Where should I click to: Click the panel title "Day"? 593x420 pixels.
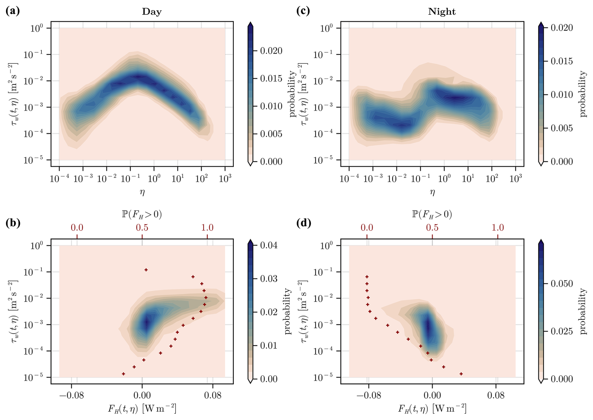click(152, 12)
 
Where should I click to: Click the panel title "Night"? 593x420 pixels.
click(442, 12)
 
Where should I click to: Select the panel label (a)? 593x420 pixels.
click(13, 11)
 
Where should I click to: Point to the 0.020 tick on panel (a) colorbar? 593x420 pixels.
click(271, 51)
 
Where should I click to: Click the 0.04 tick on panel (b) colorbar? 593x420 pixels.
click(269, 245)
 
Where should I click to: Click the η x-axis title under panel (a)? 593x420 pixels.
click(142, 192)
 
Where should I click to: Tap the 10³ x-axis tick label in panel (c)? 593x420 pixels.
click(516, 179)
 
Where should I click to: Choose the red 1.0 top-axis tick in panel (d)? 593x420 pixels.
click(498, 227)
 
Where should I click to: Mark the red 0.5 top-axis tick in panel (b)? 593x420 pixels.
click(142, 227)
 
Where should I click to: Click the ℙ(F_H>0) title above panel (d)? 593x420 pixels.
click(432, 214)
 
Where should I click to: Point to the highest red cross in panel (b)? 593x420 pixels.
click(146, 270)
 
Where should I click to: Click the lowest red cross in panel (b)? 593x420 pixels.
click(123, 374)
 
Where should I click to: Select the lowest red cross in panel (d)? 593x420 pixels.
click(461, 374)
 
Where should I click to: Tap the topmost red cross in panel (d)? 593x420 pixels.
click(367, 277)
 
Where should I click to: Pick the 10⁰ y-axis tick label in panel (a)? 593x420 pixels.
click(36, 28)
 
